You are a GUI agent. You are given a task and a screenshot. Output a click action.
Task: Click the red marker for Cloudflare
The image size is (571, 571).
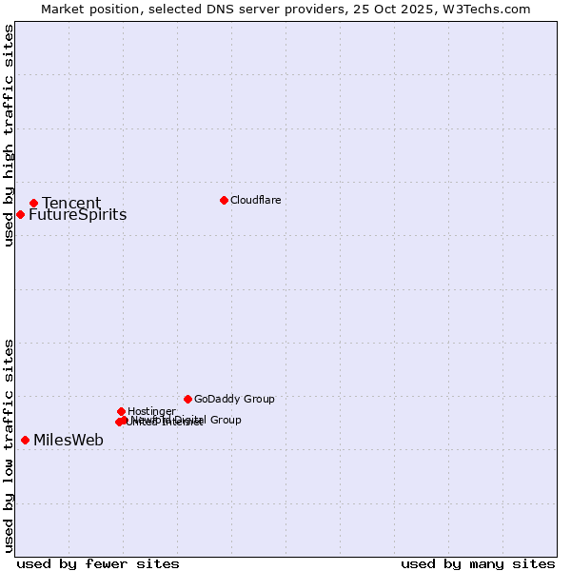[224, 200]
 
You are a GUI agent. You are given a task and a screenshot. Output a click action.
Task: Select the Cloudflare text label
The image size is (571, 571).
[255, 200]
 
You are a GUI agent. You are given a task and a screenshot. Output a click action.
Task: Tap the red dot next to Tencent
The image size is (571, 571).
[33, 203]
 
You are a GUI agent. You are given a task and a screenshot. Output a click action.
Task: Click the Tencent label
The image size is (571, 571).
[71, 203]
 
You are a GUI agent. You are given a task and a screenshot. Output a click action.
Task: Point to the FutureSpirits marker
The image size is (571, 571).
[20, 214]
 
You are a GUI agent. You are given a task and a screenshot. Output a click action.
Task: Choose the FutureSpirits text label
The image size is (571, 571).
[77, 215]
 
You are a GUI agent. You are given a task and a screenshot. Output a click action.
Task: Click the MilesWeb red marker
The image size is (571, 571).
[25, 440]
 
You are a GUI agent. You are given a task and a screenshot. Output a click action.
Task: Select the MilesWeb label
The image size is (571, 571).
[69, 440]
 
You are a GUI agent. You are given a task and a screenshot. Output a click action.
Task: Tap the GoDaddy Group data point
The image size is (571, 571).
[187, 399]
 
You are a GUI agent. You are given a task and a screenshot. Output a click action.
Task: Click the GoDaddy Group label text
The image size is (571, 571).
[234, 399]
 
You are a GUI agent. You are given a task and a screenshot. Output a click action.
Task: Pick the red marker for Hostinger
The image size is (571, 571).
[121, 411]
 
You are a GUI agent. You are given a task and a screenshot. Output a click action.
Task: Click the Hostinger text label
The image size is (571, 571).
[151, 411]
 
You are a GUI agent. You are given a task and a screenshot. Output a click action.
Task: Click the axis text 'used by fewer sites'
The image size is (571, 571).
[98, 563]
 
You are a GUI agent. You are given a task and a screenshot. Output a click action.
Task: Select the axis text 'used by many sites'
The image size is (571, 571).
[478, 563]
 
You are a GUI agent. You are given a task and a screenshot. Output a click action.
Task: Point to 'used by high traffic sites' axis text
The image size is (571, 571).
[9, 135]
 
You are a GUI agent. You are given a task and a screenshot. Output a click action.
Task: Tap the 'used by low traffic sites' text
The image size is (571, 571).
[9, 445]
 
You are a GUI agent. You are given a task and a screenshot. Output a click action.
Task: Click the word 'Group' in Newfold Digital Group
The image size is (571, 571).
[226, 420]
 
